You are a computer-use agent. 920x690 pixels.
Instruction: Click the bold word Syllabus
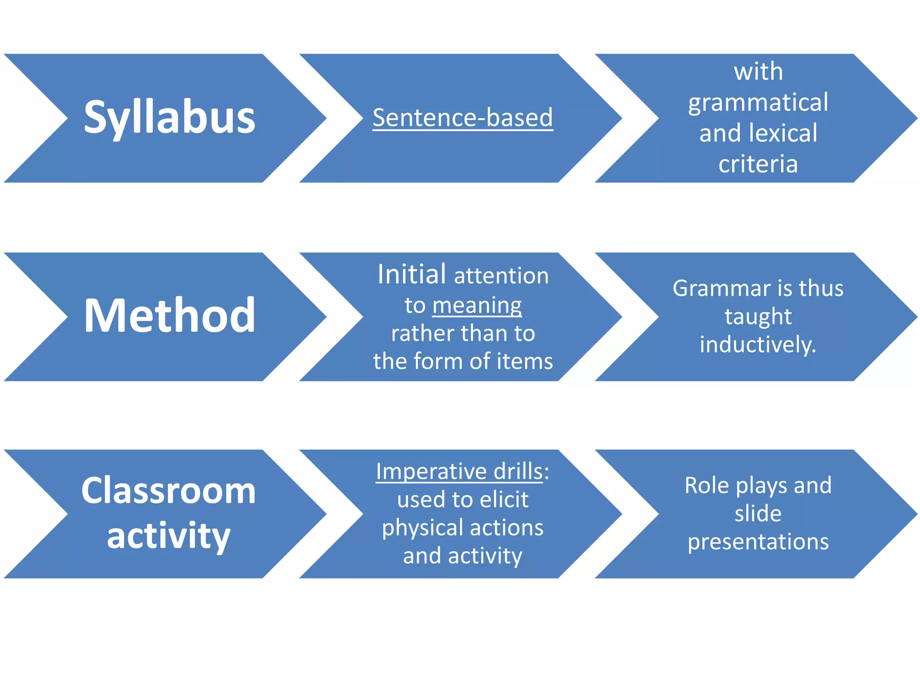(169, 118)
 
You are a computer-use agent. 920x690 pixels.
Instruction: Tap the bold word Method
(169, 316)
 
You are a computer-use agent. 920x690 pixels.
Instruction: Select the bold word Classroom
(168, 491)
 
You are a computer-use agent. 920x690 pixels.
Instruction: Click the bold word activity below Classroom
(168, 535)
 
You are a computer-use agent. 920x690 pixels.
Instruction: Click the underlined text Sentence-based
(463, 118)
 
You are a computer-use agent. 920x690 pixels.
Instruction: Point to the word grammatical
(758, 102)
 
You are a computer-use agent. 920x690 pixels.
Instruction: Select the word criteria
(758, 164)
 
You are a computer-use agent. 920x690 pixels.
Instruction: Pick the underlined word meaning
(477, 305)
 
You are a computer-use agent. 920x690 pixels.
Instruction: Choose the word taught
(758, 317)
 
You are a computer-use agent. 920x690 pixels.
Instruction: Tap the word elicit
(503, 500)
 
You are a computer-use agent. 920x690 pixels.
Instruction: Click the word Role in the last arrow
(707, 485)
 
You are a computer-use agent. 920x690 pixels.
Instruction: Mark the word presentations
(758, 542)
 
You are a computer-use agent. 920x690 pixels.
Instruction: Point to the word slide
(758, 513)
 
